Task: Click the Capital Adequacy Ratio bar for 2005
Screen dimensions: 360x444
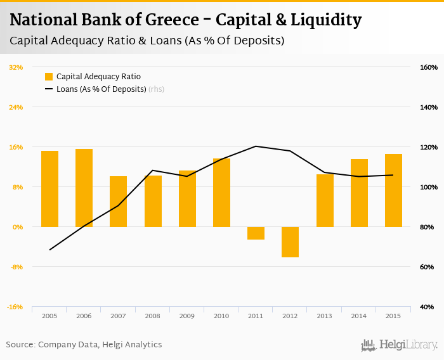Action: [x=49, y=188]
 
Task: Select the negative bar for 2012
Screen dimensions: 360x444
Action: [x=290, y=241]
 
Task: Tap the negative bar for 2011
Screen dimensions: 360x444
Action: [x=256, y=233]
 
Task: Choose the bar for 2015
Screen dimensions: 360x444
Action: [x=393, y=190]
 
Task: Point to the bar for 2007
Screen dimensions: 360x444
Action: [x=119, y=201]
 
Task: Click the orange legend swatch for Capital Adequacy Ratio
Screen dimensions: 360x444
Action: [x=49, y=77]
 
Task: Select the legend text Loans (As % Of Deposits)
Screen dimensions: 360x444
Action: [x=101, y=89]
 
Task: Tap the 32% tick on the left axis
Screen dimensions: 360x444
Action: [x=16, y=67]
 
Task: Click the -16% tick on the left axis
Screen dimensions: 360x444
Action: [x=15, y=307]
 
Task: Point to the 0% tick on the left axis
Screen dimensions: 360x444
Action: [x=17, y=227]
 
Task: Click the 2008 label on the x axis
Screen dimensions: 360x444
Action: [x=153, y=316]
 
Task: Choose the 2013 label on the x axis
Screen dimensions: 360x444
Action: [x=325, y=316]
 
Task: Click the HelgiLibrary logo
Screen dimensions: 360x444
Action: [x=400, y=345]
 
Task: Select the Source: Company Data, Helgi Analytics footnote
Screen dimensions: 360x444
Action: [x=84, y=345]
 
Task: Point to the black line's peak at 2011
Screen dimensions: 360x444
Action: [x=256, y=146]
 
